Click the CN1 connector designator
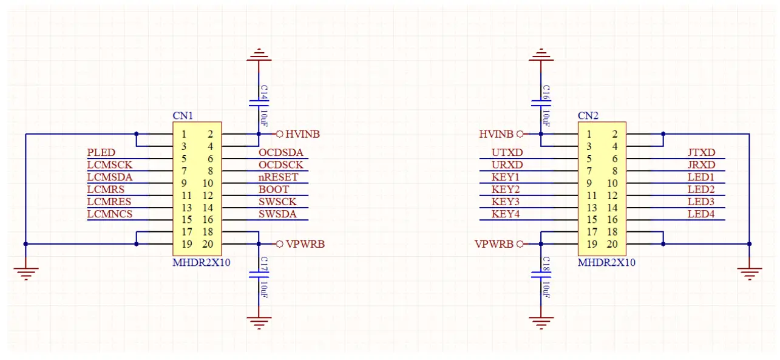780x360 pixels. pos(183,115)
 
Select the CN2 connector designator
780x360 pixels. pos(588,115)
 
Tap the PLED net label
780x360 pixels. pos(101,152)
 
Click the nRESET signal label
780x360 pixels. pos(279,177)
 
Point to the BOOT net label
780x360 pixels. pos(274,189)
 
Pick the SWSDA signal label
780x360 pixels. pos(277,214)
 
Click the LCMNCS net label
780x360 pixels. pos(109,214)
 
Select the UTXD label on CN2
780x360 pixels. pos(507,152)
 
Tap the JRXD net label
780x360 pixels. pos(701,165)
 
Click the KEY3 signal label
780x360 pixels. pos(506,202)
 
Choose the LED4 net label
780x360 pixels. pos(701,214)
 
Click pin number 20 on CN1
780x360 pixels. pos(208,244)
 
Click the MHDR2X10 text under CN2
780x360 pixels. pos(606,263)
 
